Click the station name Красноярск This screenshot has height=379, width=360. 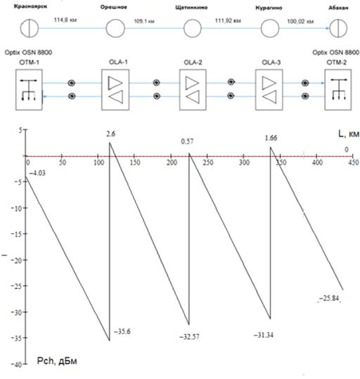pos(30,6)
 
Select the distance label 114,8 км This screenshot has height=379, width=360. pos(65,20)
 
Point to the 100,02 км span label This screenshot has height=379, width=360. pos(300,22)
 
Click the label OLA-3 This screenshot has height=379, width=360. pos(271,63)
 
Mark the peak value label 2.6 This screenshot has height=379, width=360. pos(110,134)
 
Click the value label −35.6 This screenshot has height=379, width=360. pos(122,331)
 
